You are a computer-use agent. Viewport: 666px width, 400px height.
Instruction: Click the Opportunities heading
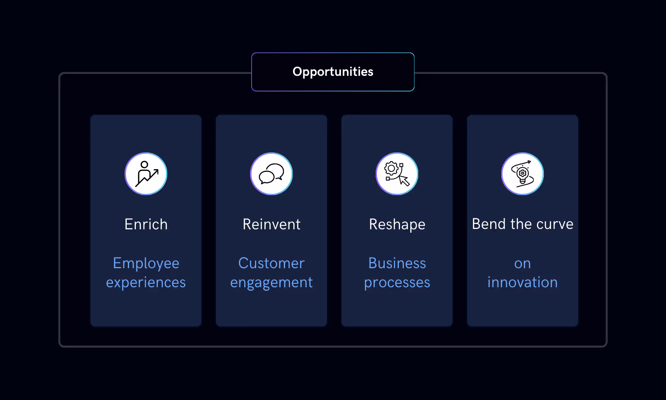click(x=333, y=72)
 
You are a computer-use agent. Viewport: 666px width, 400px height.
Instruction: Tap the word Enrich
click(x=146, y=224)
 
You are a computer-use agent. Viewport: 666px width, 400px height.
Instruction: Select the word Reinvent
click(x=271, y=224)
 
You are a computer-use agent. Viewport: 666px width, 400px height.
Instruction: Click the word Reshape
click(x=397, y=225)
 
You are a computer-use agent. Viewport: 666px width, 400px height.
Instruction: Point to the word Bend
click(x=489, y=224)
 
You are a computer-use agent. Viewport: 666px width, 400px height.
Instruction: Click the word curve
click(x=554, y=224)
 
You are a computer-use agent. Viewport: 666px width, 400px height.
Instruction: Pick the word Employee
click(x=146, y=264)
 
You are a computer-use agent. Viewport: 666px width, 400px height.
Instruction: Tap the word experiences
click(x=146, y=283)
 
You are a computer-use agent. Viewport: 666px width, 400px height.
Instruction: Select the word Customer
click(x=271, y=263)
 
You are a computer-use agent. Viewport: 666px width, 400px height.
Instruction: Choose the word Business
click(x=397, y=263)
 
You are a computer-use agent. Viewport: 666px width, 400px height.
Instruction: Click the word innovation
click(x=523, y=282)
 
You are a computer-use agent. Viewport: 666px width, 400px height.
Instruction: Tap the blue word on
click(x=523, y=264)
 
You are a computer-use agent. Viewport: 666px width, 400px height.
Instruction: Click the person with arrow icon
click(x=146, y=174)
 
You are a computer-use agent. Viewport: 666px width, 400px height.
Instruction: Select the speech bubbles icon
click(x=271, y=174)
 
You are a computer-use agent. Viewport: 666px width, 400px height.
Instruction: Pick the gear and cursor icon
click(x=397, y=174)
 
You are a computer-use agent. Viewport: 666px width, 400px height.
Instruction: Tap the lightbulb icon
click(x=523, y=174)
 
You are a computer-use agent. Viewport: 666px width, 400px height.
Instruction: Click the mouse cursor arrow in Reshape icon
click(x=404, y=180)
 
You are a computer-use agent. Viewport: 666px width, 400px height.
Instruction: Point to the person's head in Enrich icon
click(x=144, y=165)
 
